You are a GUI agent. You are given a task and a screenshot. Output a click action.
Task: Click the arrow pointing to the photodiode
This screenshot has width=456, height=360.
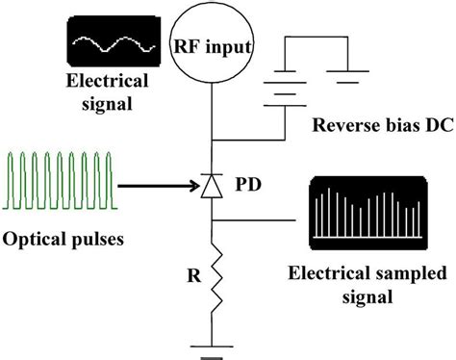click(154, 180)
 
